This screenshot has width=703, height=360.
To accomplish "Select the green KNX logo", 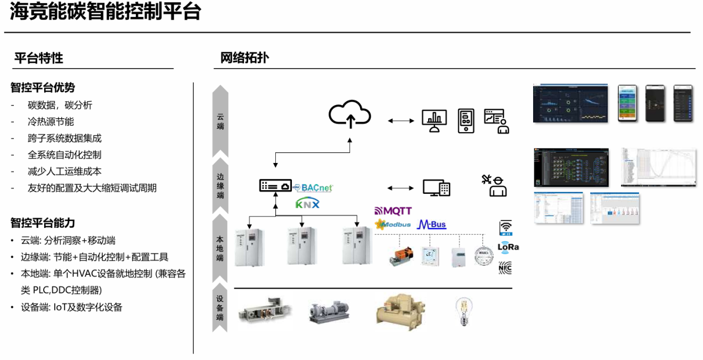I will click(x=307, y=203).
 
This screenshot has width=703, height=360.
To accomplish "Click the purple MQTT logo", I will click(x=393, y=211).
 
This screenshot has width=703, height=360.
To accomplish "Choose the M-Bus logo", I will click(x=431, y=224).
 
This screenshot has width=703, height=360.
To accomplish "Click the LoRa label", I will click(x=508, y=247).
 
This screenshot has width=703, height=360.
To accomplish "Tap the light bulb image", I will click(x=464, y=311).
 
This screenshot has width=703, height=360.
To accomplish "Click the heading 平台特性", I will click(x=39, y=58).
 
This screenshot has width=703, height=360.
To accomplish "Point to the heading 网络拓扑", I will click(x=244, y=58).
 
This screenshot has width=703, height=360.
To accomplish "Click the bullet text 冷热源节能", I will click(x=51, y=121).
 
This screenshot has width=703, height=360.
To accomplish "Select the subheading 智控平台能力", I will click(x=43, y=223).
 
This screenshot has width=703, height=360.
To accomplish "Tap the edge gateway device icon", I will click(x=275, y=186).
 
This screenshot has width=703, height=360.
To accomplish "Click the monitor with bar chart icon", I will click(x=434, y=121).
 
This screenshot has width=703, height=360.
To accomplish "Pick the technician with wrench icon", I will click(x=494, y=185).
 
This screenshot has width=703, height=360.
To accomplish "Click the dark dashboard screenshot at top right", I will click(x=570, y=103).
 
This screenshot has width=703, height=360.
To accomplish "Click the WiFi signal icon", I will click(x=506, y=227).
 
